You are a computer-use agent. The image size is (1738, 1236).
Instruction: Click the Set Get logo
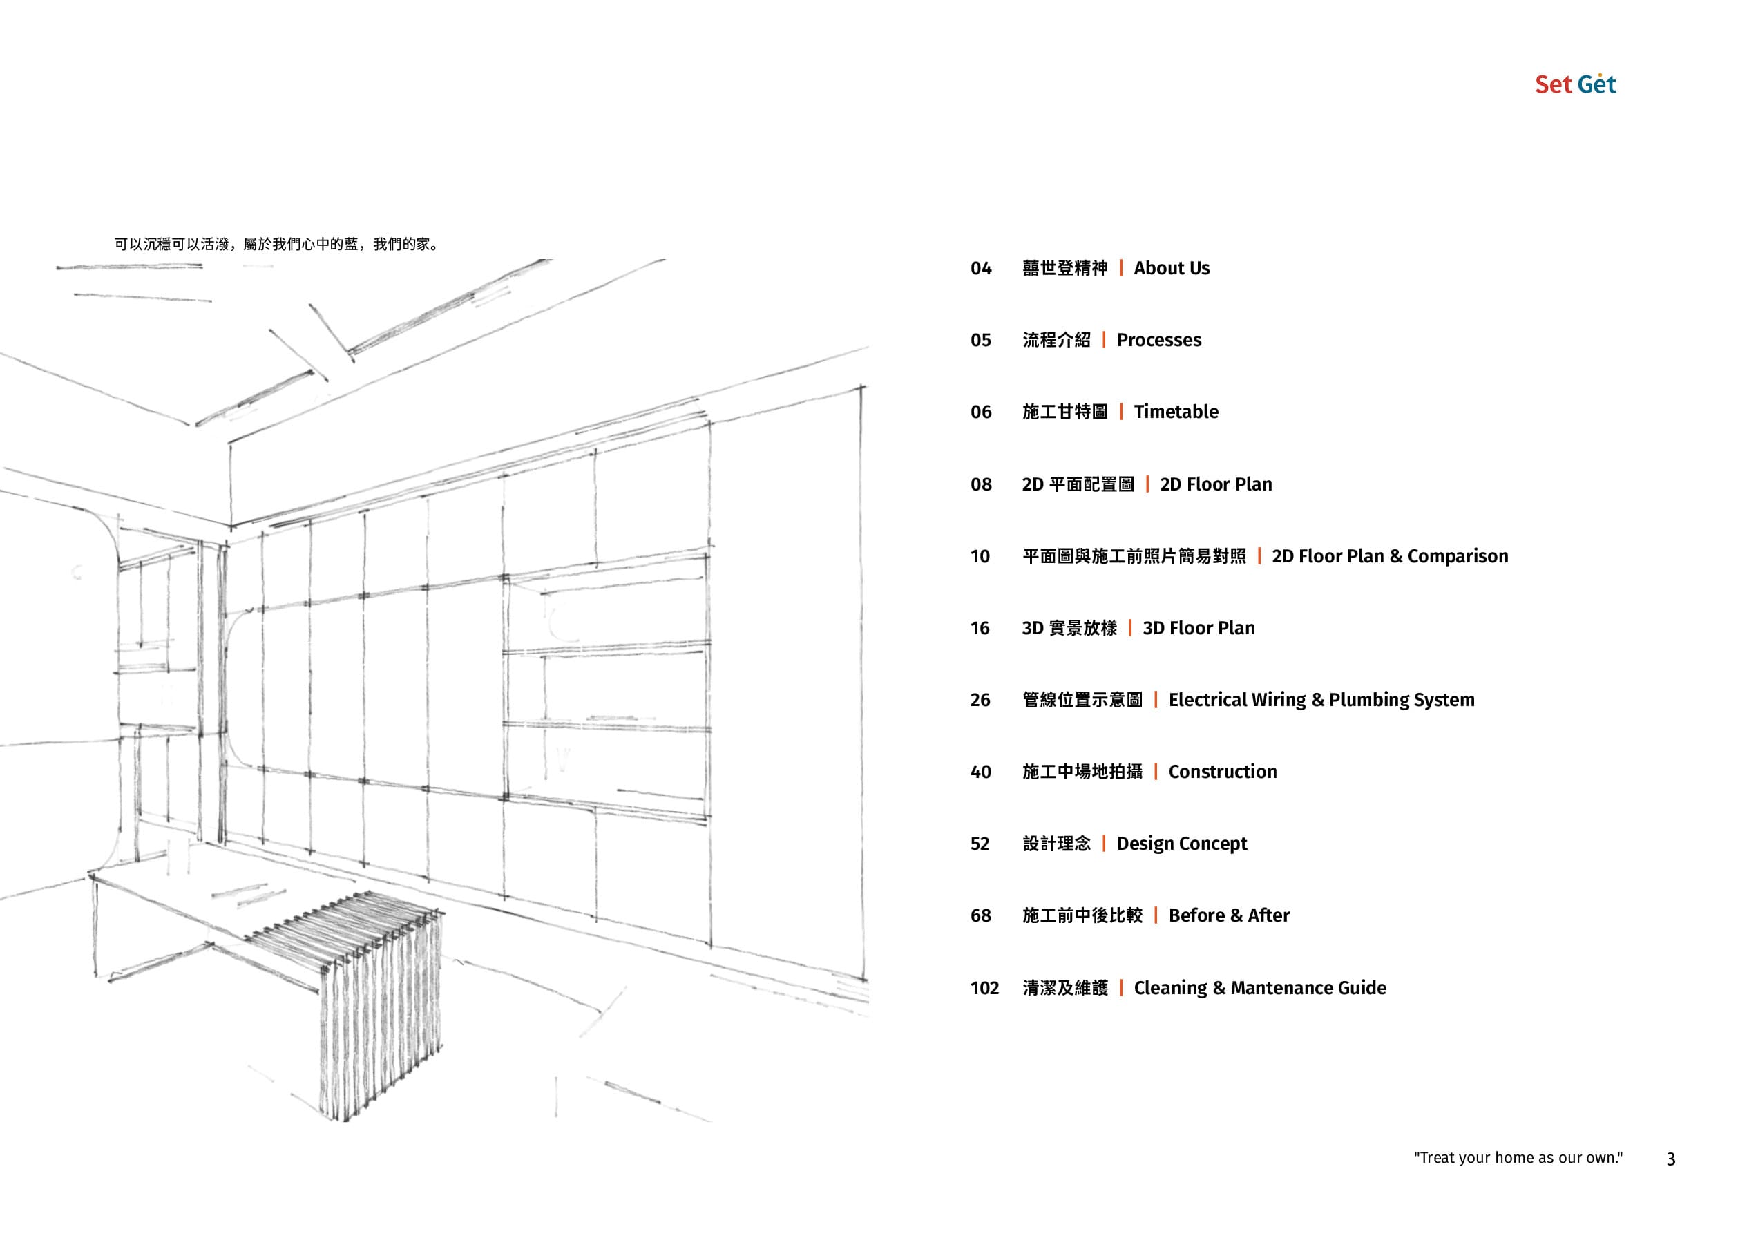click(x=1574, y=84)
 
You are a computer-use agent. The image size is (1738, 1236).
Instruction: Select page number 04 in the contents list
click(x=981, y=269)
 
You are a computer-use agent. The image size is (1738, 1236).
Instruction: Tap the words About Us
click(x=1171, y=269)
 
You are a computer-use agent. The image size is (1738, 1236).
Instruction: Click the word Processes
click(x=1159, y=340)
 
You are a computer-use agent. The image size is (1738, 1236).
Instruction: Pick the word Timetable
click(x=1176, y=412)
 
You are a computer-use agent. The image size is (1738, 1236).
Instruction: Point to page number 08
click(x=981, y=485)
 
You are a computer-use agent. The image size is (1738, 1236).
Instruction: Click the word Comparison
click(x=1458, y=557)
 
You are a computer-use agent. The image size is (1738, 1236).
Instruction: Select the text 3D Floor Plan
click(x=1199, y=629)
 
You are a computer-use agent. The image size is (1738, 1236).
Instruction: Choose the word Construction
click(x=1222, y=772)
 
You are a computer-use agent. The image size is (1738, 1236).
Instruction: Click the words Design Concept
click(x=1182, y=844)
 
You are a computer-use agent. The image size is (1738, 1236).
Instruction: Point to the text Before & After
click(x=1229, y=915)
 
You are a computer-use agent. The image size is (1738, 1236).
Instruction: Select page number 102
click(x=984, y=988)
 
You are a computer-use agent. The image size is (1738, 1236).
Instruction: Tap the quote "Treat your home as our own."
click(x=1518, y=1158)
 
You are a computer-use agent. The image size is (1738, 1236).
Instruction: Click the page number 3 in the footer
click(x=1671, y=1159)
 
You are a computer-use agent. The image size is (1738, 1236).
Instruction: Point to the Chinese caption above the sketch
click(x=276, y=245)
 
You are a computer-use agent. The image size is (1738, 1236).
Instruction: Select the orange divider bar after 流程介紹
click(x=1103, y=340)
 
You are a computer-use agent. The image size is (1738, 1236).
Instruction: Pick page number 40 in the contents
click(x=980, y=772)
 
